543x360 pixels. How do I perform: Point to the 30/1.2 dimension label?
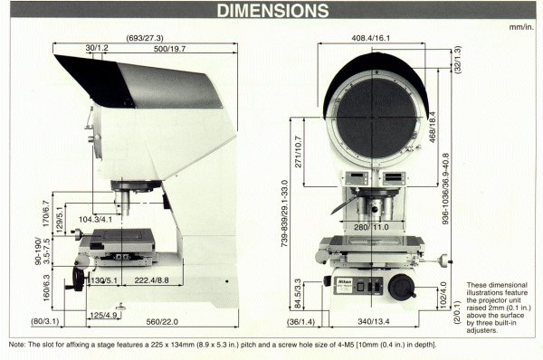(x=98, y=48)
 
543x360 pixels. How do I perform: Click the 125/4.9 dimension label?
(x=101, y=314)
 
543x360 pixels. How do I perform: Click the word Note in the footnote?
(x=16, y=345)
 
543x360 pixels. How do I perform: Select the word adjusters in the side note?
(x=484, y=332)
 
